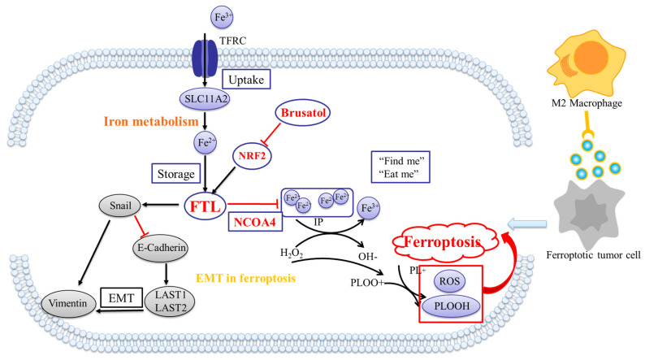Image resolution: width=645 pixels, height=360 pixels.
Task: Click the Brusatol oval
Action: click(303, 112)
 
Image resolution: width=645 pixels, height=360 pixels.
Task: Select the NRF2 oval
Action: click(252, 155)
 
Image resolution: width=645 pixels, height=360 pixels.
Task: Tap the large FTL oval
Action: click(206, 206)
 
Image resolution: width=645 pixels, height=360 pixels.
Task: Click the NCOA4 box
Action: click(255, 222)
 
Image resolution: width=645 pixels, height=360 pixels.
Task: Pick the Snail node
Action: click(120, 206)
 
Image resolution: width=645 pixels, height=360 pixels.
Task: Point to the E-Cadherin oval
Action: click(161, 248)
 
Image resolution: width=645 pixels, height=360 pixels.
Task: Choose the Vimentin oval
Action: click(68, 304)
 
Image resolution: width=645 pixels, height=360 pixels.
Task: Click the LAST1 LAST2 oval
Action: click(171, 301)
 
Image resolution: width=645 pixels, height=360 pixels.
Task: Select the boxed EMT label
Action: click(121, 298)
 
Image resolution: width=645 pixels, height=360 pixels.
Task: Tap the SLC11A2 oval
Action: click(205, 99)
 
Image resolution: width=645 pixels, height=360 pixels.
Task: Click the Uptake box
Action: click(246, 80)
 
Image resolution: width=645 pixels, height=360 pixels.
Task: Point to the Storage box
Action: click(176, 174)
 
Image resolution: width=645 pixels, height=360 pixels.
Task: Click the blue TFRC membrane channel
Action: click(205, 58)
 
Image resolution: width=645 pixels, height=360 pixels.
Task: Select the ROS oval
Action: click(449, 282)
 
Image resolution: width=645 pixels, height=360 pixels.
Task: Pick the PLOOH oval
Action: click(452, 306)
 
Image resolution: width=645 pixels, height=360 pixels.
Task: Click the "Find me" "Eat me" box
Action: click(400, 167)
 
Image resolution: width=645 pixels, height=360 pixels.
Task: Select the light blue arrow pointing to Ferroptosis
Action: click(527, 223)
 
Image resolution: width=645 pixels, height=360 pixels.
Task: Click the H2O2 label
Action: click(292, 253)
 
